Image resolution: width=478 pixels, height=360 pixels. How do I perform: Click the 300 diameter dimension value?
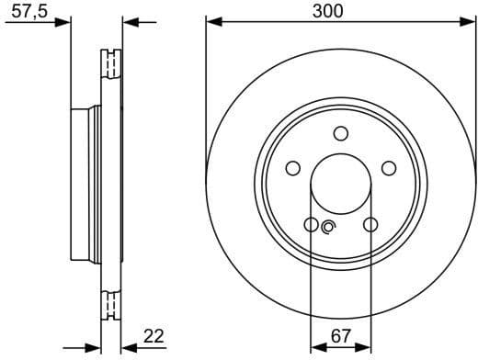[x=328, y=11]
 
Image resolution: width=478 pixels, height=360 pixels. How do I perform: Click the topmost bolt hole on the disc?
[x=341, y=133]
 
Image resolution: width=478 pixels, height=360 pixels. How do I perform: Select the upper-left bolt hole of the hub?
[x=293, y=168]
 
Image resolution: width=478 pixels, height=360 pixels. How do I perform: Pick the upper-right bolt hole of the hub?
[x=389, y=168]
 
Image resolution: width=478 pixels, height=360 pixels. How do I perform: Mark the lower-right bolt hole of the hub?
[x=370, y=224]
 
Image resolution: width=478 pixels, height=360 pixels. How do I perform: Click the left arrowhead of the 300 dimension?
[x=212, y=21]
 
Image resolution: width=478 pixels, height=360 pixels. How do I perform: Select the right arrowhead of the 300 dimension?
[x=470, y=21]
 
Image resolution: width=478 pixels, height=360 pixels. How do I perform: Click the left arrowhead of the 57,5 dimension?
[x=64, y=21]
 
